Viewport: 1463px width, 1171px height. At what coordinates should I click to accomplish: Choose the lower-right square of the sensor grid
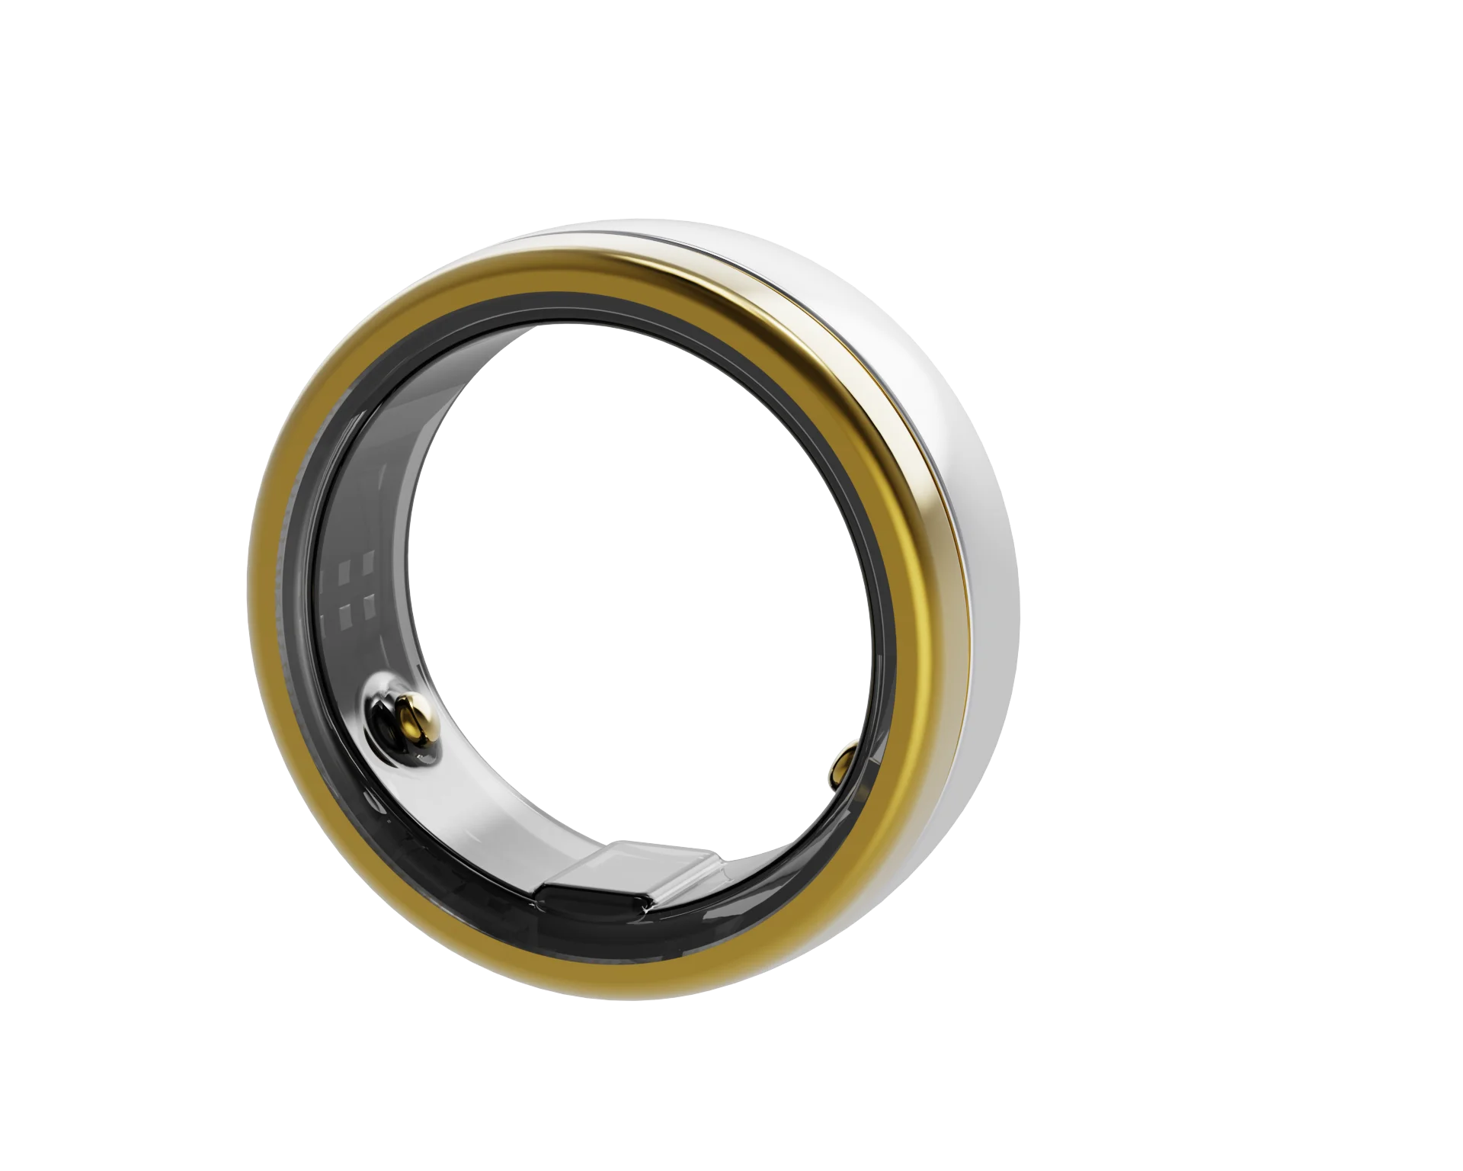(370, 611)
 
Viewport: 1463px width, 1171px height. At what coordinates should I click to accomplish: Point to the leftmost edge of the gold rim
(259, 610)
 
